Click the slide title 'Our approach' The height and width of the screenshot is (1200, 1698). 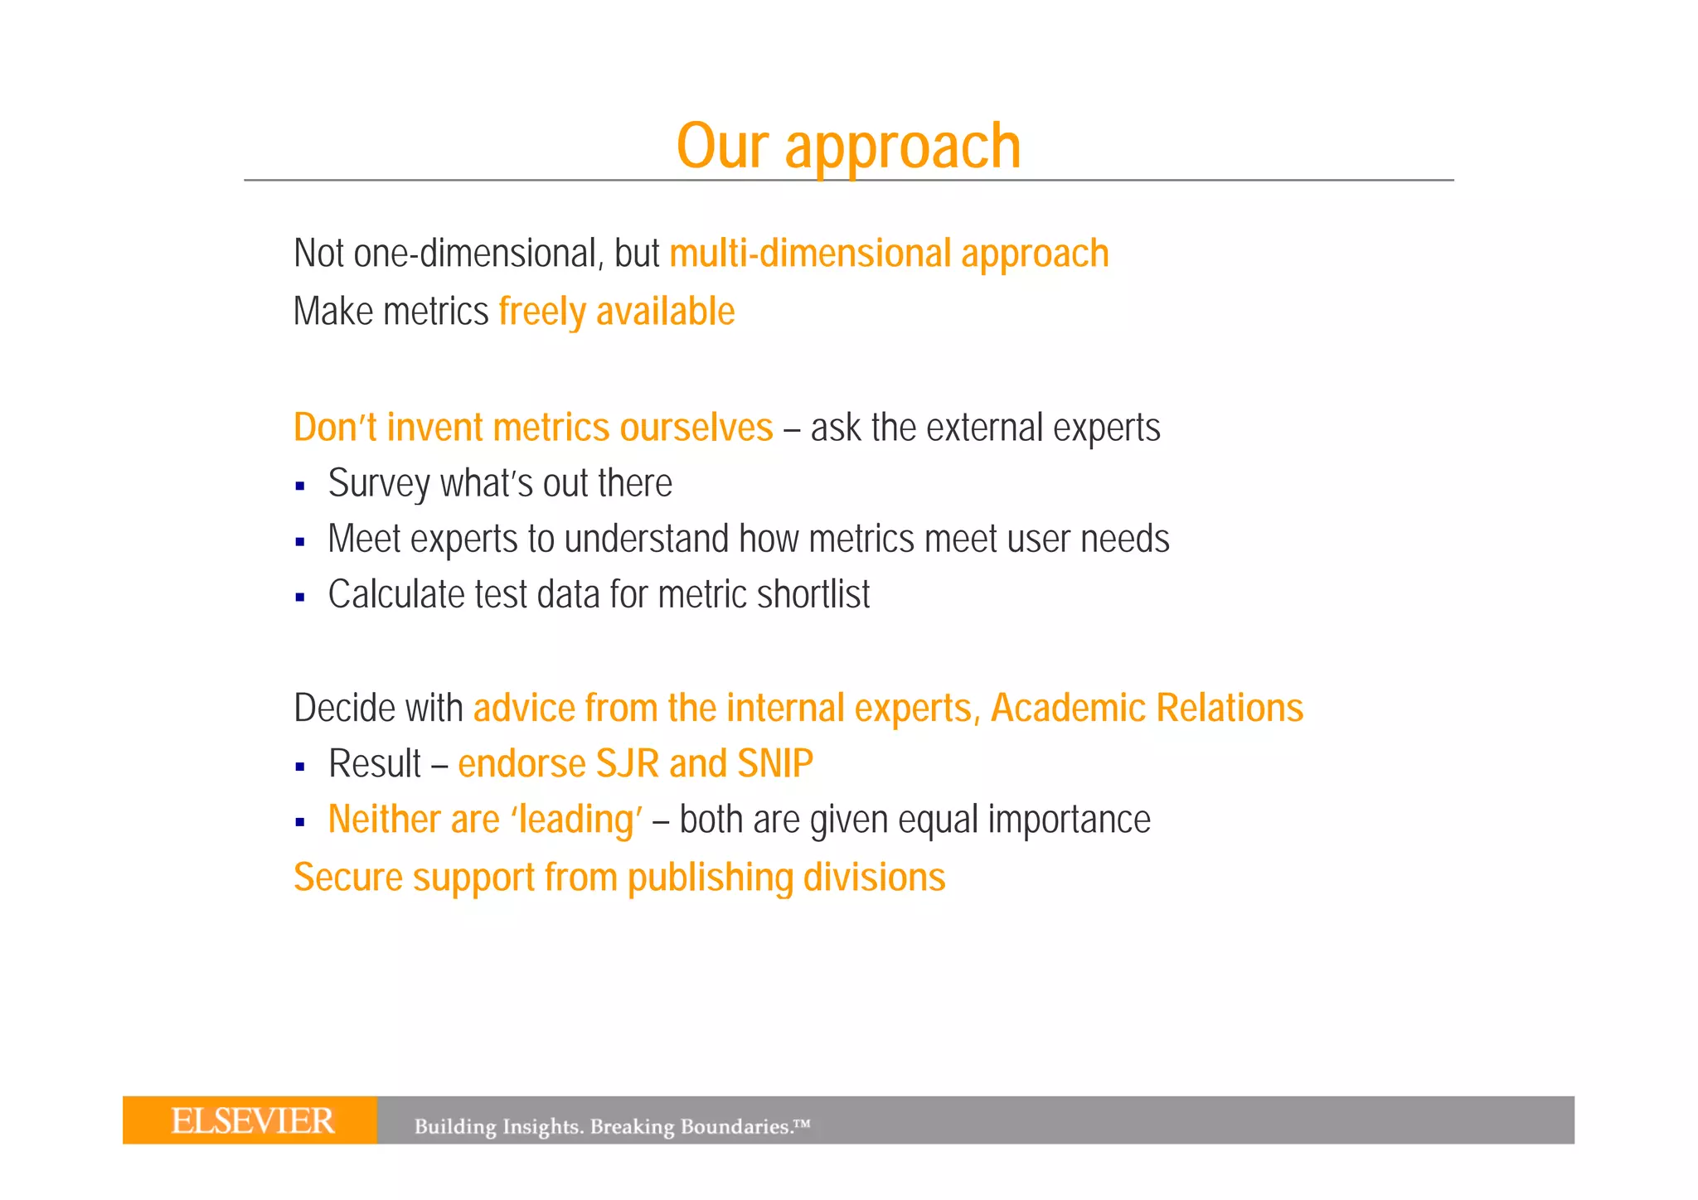point(848,146)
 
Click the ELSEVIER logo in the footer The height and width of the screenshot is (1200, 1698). point(252,1121)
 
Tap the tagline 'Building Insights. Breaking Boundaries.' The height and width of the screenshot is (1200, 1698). point(611,1126)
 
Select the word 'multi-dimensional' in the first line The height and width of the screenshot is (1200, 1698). point(810,254)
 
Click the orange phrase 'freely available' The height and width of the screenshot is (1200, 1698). point(616,312)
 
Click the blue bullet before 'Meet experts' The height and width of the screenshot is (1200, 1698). point(300,543)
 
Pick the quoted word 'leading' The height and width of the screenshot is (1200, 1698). point(575,820)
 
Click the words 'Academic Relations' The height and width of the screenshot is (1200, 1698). point(1147,708)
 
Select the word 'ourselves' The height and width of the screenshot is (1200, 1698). point(696,428)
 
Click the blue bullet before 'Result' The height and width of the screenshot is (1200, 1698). point(300,767)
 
